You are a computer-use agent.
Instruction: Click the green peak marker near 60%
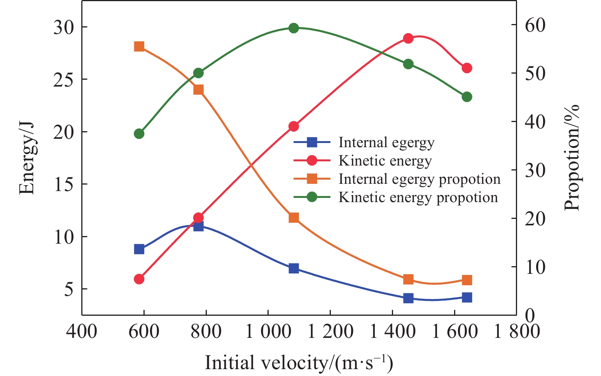pos(293,28)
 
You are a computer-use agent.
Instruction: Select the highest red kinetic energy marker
pos(408,39)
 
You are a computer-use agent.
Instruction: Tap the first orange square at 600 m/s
pos(139,47)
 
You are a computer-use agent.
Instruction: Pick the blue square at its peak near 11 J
pos(198,227)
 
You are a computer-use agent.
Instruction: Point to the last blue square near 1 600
pos(467,297)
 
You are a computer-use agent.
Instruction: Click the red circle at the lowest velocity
pos(139,279)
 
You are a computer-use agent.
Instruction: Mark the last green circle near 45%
pos(467,97)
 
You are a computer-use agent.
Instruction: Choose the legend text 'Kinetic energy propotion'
pos(418,198)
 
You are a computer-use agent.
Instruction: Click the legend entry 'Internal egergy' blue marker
pos(312,143)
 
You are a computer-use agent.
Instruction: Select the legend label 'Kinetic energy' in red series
pos(385,161)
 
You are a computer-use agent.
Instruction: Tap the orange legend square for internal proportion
pos(312,179)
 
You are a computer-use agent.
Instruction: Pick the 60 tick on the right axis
pos(535,25)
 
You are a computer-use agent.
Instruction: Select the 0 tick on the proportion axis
pos(529,315)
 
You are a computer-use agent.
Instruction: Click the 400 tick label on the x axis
pos(82,331)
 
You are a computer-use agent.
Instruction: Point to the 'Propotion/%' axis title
pos(571,157)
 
